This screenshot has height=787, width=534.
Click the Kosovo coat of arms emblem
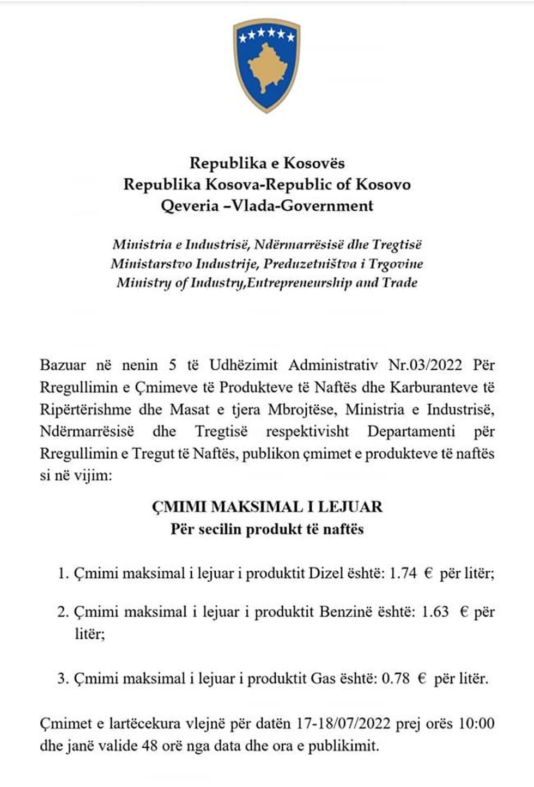click(266, 65)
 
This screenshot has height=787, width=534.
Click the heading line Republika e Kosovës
click(267, 163)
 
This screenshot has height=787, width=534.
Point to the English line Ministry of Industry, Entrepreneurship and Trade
click(267, 283)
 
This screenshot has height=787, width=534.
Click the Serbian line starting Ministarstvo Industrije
click(267, 264)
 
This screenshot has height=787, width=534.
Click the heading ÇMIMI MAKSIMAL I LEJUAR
click(267, 507)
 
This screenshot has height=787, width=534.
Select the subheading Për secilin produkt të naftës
click(267, 529)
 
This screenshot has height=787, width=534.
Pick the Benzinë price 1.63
click(435, 612)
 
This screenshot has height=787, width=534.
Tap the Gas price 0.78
click(396, 679)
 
